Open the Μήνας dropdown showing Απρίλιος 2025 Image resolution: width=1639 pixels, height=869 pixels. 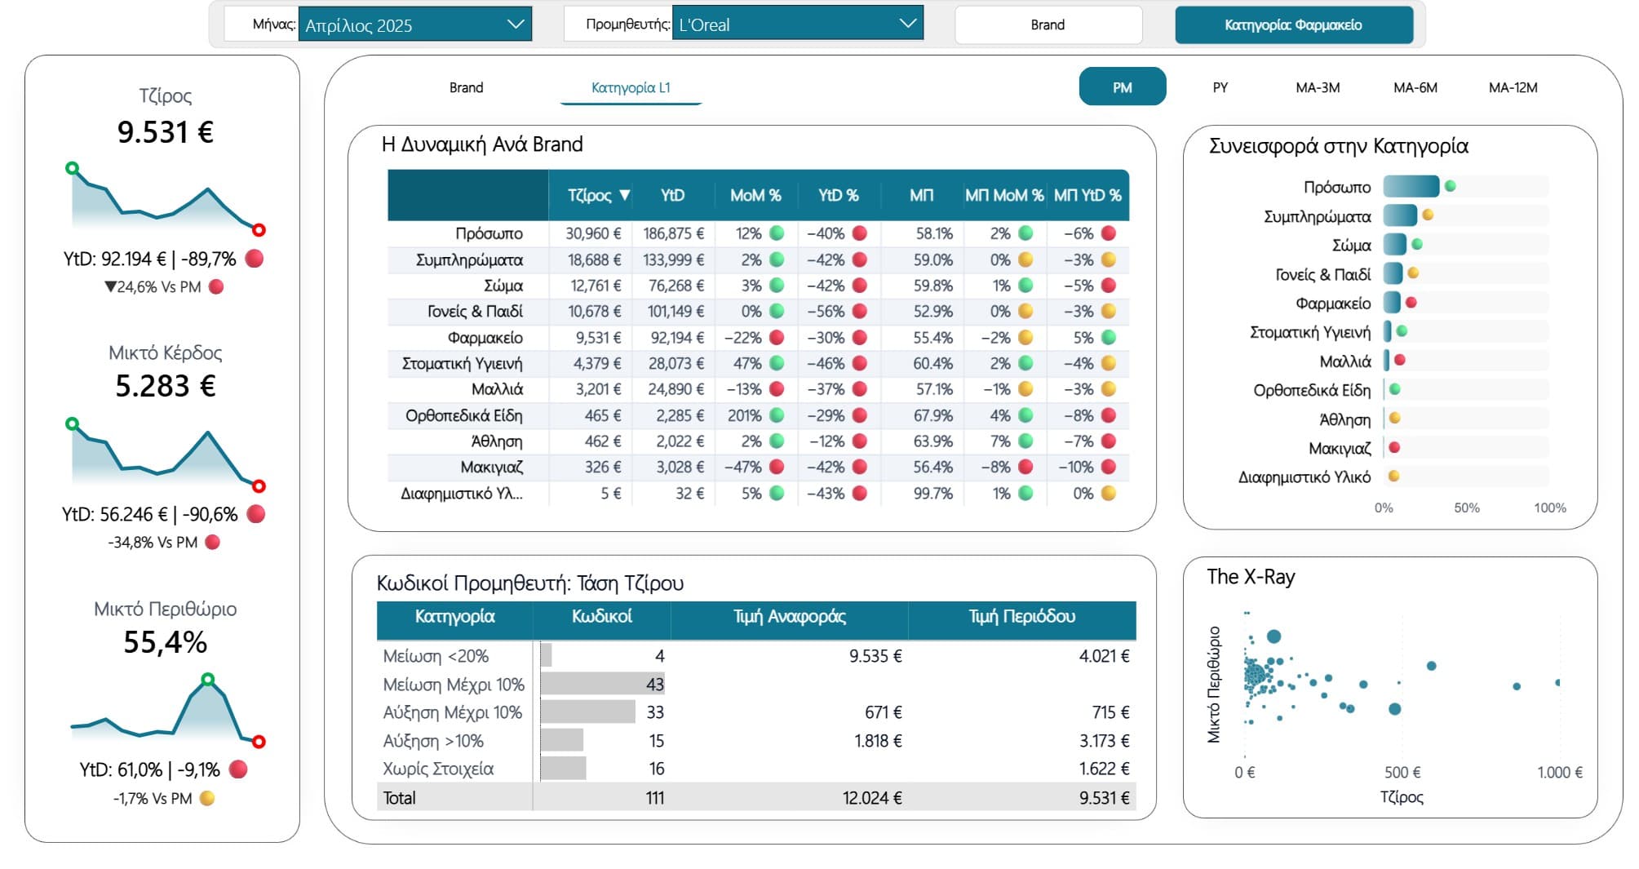[414, 24]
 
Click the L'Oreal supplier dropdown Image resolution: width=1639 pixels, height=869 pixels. [796, 24]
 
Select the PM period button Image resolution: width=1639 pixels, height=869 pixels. [1122, 87]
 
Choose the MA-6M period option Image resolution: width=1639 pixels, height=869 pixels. [1415, 87]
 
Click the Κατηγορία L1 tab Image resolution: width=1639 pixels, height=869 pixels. [631, 87]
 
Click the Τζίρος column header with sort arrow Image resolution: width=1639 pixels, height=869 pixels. [598, 195]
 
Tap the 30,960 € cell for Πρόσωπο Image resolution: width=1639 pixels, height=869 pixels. [593, 233]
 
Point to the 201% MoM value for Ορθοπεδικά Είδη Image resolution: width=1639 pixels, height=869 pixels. [744, 415]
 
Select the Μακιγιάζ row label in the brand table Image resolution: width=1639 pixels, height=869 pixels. [491, 468]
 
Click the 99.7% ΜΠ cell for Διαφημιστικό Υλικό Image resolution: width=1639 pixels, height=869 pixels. [932, 494]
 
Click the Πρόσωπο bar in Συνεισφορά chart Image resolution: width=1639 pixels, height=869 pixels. [1411, 187]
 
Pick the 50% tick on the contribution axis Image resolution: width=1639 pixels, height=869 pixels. [1466, 508]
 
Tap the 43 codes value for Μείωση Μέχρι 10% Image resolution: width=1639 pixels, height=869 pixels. [654, 684]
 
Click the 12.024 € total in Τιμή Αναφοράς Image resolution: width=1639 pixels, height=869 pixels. [871, 798]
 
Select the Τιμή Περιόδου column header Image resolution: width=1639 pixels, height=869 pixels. [1021, 617]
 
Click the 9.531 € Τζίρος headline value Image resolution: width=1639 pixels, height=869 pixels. [166, 132]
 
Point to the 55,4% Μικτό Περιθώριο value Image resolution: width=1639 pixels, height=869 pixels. [166, 642]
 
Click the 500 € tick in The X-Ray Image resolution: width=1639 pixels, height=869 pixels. [1402, 772]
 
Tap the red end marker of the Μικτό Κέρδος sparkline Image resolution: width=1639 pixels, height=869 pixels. [259, 486]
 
